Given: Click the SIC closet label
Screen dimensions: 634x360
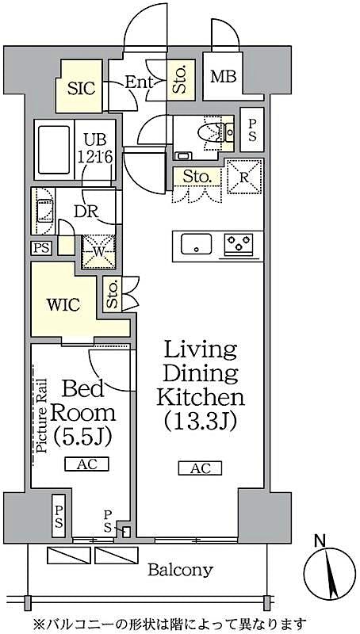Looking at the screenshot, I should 81,88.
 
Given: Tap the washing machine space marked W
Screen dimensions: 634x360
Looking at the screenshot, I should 99,252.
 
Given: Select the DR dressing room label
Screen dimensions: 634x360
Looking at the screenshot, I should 86,212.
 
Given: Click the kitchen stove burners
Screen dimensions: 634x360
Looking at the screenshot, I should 239,245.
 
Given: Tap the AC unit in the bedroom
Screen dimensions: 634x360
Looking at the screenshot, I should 87,464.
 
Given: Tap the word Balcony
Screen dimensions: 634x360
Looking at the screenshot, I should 181,569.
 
